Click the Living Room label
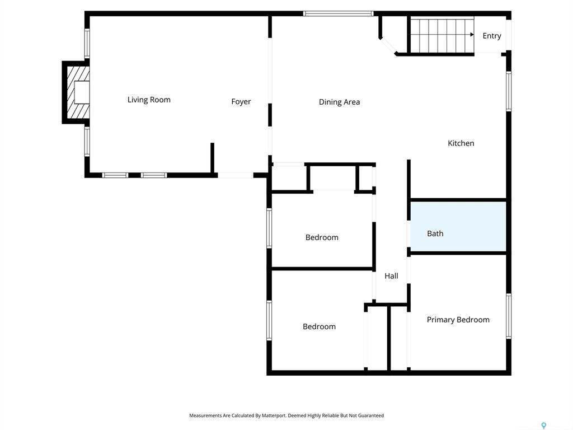pyautogui.click(x=149, y=100)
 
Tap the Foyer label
pyautogui.click(x=241, y=101)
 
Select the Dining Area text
pyautogui.click(x=339, y=102)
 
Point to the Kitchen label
pyautogui.click(x=461, y=143)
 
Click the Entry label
pyautogui.click(x=492, y=36)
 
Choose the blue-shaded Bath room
pyautogui.click(x=458, y=227)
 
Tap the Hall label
pyautogui.click(x=391, y=276)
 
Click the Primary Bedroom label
pyautogui.click(x=458, y=320)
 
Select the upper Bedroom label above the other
pyautogui.click(x=322, y=237)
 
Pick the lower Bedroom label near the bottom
pyautogui.click(x=319, y=326)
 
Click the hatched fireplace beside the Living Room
pyautogui.click(x=77, y=92)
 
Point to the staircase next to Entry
pyautogui.click(x=442, y=35)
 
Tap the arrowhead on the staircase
pyautogui.click(x=472, y=35)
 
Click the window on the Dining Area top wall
pyautogui.click(x=338, y=13)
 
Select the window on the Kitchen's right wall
pyautogui.click(x=509, y=91)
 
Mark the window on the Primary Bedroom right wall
pyautogui.click(x=509, y=316)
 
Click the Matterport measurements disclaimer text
pyautogui.click(x=286, y=415)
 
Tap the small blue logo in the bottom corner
pyautogui.click(x=543, y=426)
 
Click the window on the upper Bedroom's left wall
pyautogui.click(x=269, y=228)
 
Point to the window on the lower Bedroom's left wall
pyautogui.click(x=269, y=320)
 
